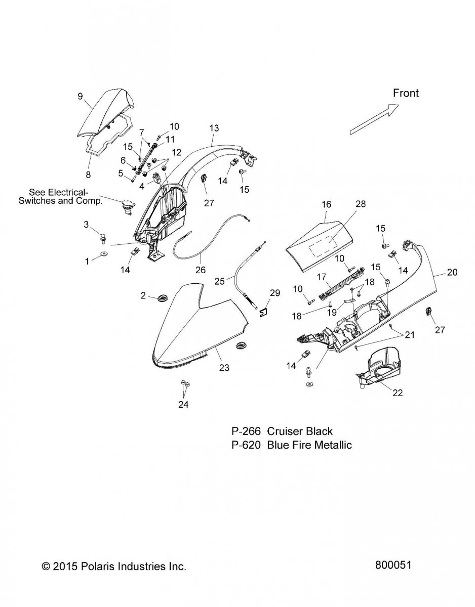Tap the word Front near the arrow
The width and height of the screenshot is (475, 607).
[x=406, y=93]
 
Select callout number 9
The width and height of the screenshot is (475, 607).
[x=80, y=96]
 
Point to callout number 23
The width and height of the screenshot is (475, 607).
[x=223, y=368]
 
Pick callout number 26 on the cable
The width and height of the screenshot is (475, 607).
[x=201, y=270]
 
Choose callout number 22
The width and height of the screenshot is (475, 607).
[x=398, y=393]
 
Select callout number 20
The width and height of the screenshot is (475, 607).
[x=452, y=272]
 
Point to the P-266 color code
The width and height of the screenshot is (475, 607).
[x=246, y=431]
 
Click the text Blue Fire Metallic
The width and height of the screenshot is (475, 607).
[x=309, y=445]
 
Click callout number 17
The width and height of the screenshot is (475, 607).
[x=321, y=277]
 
